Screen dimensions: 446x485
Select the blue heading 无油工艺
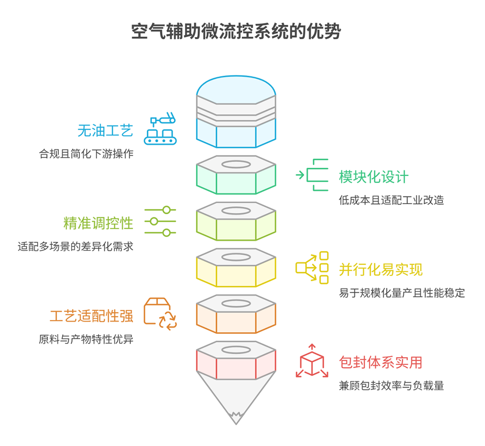(105, 131)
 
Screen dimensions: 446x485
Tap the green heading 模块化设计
(373, 177)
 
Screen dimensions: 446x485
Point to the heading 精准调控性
(98, 223)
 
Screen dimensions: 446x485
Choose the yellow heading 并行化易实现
(380, 269)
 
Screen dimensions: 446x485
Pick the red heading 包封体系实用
(380, 362)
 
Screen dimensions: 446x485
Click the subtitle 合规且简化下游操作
(86, 154)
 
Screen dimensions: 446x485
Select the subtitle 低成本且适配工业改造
(391, 200)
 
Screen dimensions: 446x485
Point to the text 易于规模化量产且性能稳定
(402, 293)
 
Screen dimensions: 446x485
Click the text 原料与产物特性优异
(86, 339)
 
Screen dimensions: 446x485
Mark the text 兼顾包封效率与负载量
(391, 386)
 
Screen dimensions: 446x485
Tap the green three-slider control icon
(160, 221)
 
